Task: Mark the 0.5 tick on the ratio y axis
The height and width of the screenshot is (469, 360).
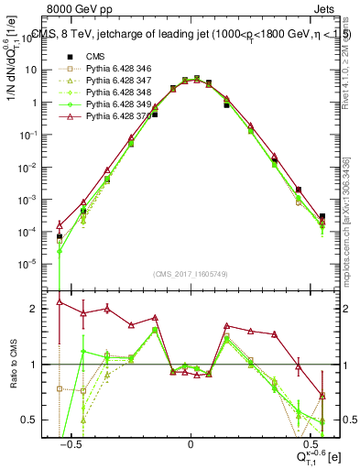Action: coord(38,420)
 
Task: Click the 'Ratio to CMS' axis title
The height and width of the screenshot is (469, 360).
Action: coord(15,365)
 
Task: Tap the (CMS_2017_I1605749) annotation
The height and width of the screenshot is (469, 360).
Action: coord(191,274)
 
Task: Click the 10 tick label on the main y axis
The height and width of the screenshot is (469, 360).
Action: coord(36,70)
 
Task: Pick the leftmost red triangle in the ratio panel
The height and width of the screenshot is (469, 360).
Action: coord(60,301)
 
